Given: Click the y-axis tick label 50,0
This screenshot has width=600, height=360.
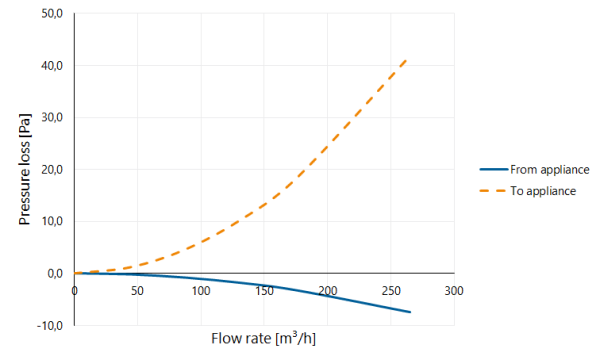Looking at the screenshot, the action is click(x=52, y=14).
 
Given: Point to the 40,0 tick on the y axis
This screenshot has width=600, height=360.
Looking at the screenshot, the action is click(x=52, y=66).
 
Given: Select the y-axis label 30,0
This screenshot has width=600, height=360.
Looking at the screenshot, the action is click(x=52, y=117).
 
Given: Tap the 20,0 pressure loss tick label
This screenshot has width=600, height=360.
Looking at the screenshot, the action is click(x=52, y=169).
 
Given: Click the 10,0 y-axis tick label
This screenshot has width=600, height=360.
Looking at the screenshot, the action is click(x=52, y=221).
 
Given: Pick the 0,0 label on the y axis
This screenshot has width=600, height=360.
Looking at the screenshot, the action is click(x=55, y=274).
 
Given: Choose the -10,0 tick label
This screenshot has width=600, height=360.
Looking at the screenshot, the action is click(x=50, y=326).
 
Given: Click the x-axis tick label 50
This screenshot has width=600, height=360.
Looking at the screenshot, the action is click(x=137, y=291).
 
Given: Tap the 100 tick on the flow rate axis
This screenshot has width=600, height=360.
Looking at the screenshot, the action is click(x=201, y=291).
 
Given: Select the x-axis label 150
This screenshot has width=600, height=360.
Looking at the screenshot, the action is click(x=264, y=291).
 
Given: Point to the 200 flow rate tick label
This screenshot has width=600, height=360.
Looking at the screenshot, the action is click(x=328, y=291).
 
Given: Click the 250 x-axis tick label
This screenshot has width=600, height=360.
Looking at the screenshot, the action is click(x=391, y=291).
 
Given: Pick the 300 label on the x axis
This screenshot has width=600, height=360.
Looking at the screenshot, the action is click(x=454, y=291).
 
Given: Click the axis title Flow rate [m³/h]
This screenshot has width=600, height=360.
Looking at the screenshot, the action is click(x=264, y=339).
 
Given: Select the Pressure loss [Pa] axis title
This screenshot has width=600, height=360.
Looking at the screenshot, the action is click(x=24, y=169).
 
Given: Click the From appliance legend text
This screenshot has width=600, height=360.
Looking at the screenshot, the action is click(x=549, y=169).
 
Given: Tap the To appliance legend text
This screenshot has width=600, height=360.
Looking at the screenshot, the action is click(x=543, y=191).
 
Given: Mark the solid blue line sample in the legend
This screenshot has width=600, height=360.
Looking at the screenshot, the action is click(x=494, y=169).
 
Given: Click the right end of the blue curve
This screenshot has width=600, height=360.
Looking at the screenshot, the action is click(x=410, y=312).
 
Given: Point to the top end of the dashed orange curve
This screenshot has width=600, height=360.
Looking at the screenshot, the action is click(x=406, y=59).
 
